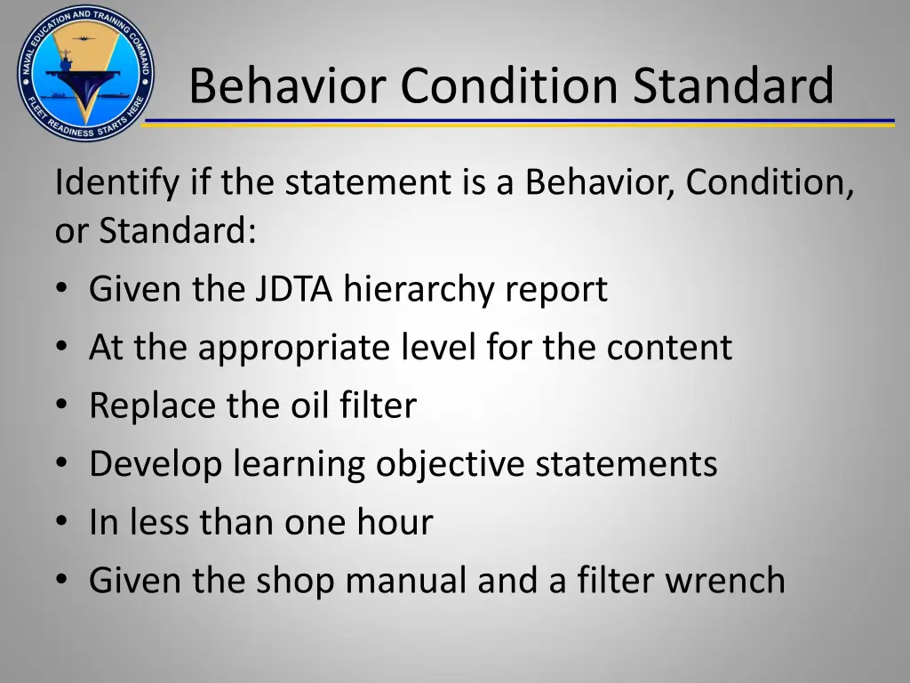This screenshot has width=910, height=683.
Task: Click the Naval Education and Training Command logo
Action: pyautogui.click(x=84, y=72)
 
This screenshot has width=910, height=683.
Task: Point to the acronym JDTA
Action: pyautogui.click(x=294, y=289)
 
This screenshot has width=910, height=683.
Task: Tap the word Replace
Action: pyautogui.click(x=150, y=406)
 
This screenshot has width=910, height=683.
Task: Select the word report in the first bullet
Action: pyautogui.click(x=557, y=291)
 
